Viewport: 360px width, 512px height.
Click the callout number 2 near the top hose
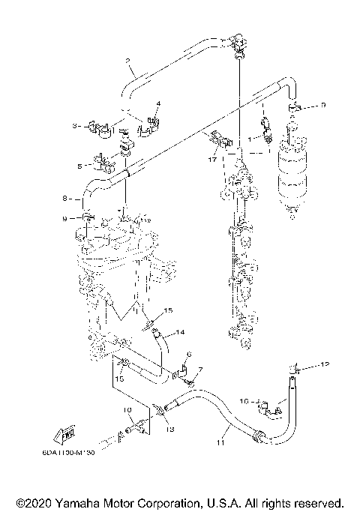[128, 61]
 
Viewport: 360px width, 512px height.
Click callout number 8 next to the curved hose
[64, 199]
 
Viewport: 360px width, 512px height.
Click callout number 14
[181, 332]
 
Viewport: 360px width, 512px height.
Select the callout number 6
[189, 354]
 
